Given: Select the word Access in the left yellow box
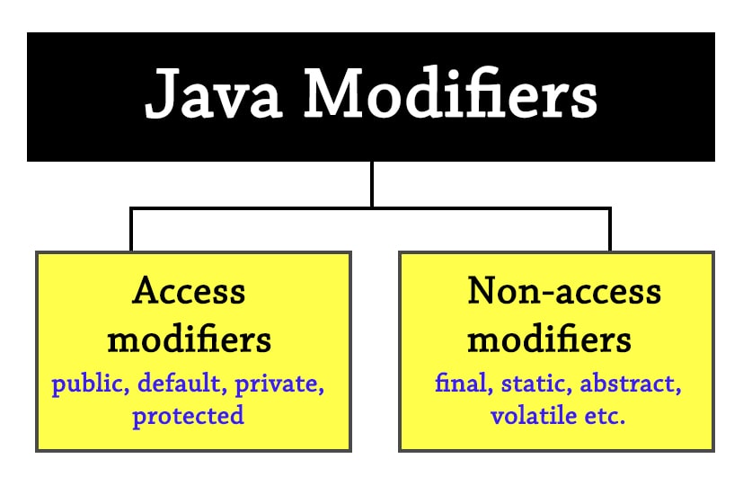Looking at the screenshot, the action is (x=189, y=291).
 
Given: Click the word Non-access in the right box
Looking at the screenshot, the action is (x=564, y=291).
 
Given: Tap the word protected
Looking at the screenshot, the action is (x=188, y=416).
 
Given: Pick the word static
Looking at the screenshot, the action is (x=530, y=385).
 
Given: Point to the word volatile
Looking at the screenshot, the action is (x=531, y=416).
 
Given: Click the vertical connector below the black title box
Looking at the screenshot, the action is (x=371, y=185).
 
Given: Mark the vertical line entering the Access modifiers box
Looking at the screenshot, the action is (x=131, y=230).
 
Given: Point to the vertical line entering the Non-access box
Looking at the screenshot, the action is (x=610, y=230).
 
